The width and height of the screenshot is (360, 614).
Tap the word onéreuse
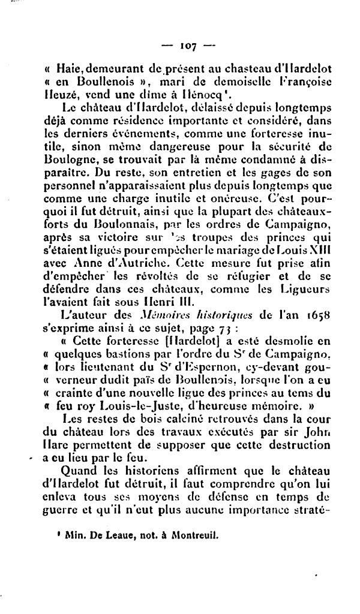tap(226, 196)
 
